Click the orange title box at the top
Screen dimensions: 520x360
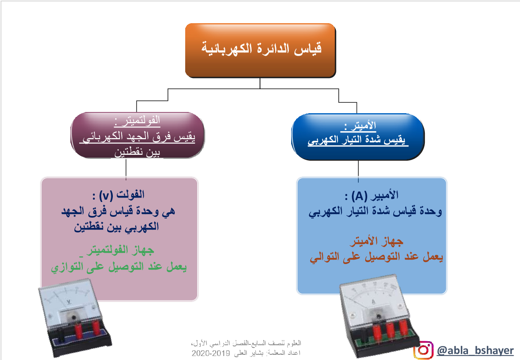(260, 50)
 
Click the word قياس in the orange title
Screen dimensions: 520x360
(308, 49)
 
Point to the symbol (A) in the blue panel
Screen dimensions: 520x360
(359, 196)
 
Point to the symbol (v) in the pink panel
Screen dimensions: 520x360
(106, 196)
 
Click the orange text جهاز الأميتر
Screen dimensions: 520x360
(376, 241)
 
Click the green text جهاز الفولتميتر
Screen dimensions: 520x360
(120, 250)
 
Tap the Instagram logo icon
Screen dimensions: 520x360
(424, 350)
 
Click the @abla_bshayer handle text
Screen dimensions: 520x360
(475, 350)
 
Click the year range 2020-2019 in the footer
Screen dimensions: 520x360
(210, 353)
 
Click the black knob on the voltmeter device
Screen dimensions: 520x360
(74, 317)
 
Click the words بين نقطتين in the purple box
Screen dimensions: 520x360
(137, 152)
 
